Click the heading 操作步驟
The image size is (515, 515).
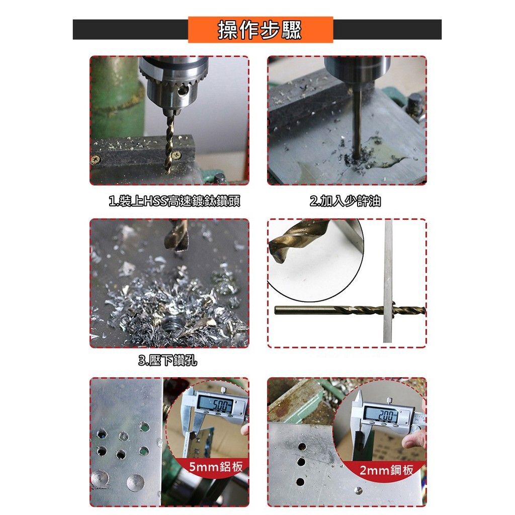point(260,30)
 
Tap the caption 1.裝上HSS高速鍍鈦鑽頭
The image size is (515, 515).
point(175,201)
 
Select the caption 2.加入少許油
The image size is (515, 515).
point(345,201)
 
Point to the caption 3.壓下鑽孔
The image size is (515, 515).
point(168,361)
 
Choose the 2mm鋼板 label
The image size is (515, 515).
point(386,470)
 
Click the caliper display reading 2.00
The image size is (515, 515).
point(384,415)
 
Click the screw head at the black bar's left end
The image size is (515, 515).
point(96,160)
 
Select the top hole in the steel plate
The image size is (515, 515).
point(302,447)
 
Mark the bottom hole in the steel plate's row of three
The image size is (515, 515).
point(300,482)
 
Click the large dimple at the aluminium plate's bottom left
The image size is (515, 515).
point(100,479)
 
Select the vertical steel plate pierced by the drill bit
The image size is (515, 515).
point(388,281)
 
